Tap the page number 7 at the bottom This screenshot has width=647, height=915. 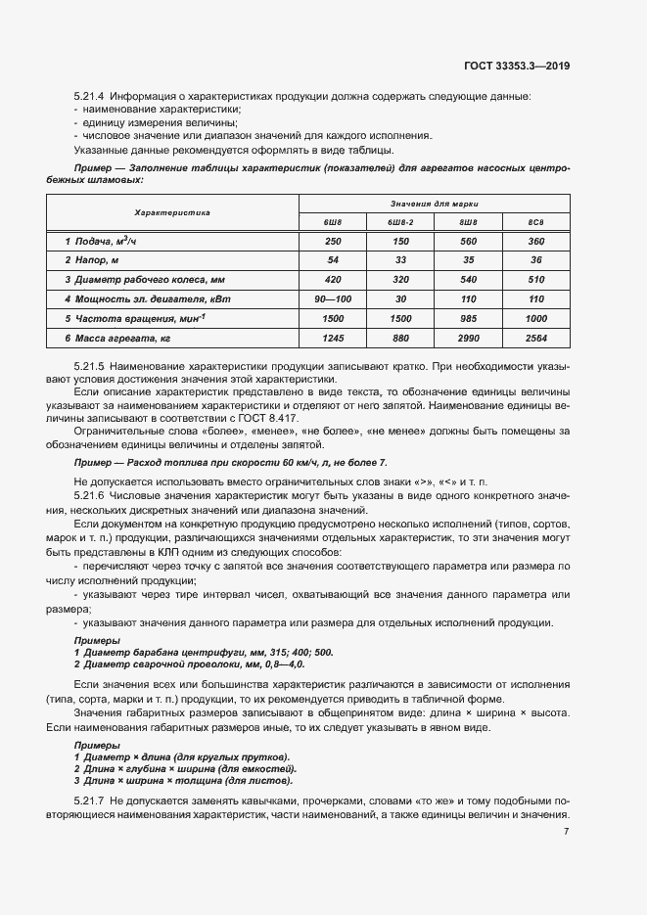[x=567, y=832]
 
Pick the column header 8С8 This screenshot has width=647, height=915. [x=535, y=222]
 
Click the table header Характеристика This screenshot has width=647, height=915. [x=172, y=212]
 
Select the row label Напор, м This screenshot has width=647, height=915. [x=92, y=259]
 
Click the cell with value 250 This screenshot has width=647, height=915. [x=333, y=241]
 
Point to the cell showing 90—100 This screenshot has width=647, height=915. [x=333, y=297]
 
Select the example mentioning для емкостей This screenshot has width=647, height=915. [x=187, y=769]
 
